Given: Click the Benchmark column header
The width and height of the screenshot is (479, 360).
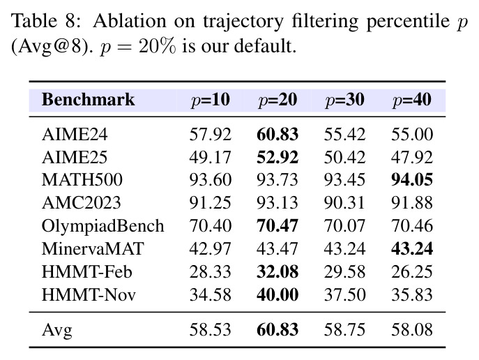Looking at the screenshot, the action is (88, 100).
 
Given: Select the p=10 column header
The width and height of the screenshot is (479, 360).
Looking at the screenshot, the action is (211, 100).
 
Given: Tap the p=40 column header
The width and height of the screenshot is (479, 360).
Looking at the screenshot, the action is (412, 100).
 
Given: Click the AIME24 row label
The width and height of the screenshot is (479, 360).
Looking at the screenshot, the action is (75, 135).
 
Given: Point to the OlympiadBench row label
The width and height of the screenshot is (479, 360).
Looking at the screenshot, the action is (103, 227).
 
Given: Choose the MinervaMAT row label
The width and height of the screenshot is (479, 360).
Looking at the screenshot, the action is (93, 248).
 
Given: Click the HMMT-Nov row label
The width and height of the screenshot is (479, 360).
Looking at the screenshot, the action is (89, 295).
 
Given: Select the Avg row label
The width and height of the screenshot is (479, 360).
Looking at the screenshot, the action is (57, 331).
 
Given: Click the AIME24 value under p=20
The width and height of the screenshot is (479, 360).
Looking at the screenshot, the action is (277, 135).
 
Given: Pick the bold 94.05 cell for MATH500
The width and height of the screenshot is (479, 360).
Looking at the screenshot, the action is (412, 180).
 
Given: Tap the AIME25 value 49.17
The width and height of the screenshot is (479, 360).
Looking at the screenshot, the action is (210, 158).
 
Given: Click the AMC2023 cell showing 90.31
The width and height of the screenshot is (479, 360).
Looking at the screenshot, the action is (344, 203).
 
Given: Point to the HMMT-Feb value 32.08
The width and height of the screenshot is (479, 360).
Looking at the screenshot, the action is (277, 271).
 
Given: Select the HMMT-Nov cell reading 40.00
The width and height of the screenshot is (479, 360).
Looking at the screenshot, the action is (277, 295).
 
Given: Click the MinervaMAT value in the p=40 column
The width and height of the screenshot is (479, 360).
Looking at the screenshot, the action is (412, 248).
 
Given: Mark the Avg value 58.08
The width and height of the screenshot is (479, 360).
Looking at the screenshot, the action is (412, 330).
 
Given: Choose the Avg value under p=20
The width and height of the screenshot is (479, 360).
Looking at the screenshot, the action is (277, 330).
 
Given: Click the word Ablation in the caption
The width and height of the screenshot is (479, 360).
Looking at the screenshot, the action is (130, 21).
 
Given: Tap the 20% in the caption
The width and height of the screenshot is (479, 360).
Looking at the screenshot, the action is (158, 47).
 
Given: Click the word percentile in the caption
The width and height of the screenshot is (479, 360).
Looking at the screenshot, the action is (408, 22).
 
